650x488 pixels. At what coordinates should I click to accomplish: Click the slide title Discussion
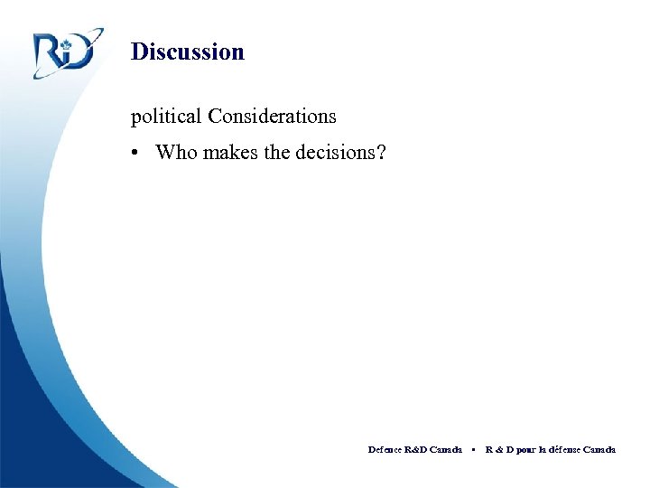coord(187,52)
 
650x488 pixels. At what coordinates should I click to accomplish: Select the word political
coord(166,117)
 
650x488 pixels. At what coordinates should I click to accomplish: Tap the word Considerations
coord(272,117)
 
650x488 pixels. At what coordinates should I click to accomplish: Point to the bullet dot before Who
coord(134,153)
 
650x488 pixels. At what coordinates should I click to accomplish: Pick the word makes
coord(231,152)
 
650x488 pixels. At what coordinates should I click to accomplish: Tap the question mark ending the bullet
coord(381,152)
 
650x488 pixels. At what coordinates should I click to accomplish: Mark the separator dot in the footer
coord(473,449)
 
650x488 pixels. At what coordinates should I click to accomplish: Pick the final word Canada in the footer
coord(600,449)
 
